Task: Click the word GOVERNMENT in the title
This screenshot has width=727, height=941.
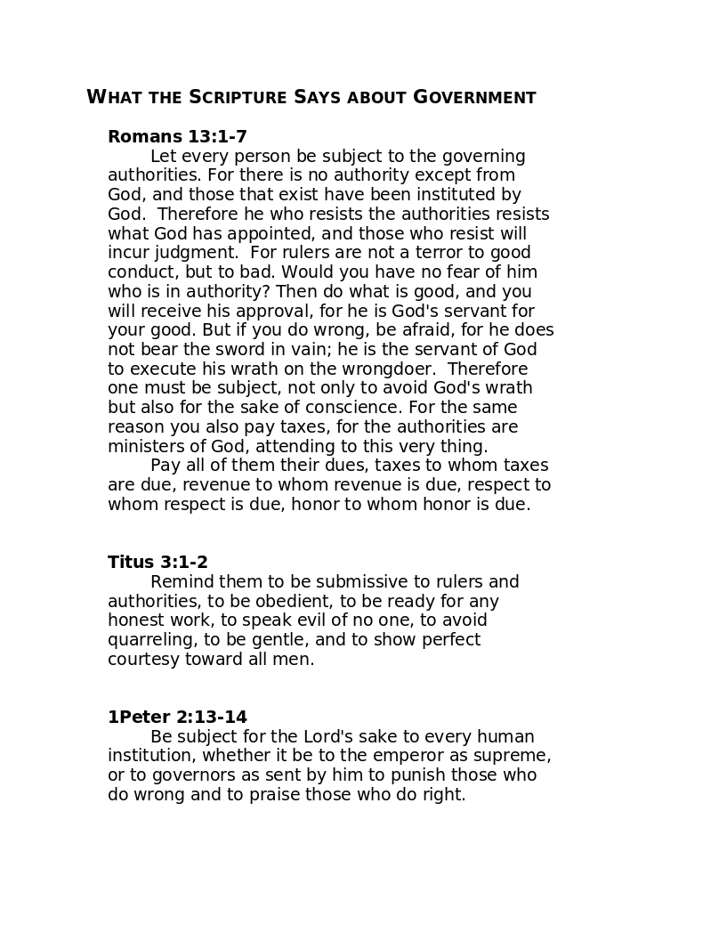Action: click(474, 97)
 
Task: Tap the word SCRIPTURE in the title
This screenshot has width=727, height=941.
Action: click(238, 97)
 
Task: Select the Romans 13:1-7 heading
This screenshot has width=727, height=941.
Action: click(177, 136)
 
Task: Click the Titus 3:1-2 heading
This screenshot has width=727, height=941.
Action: click(158, 562)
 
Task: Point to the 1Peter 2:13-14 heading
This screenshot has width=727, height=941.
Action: click(177, 717)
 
